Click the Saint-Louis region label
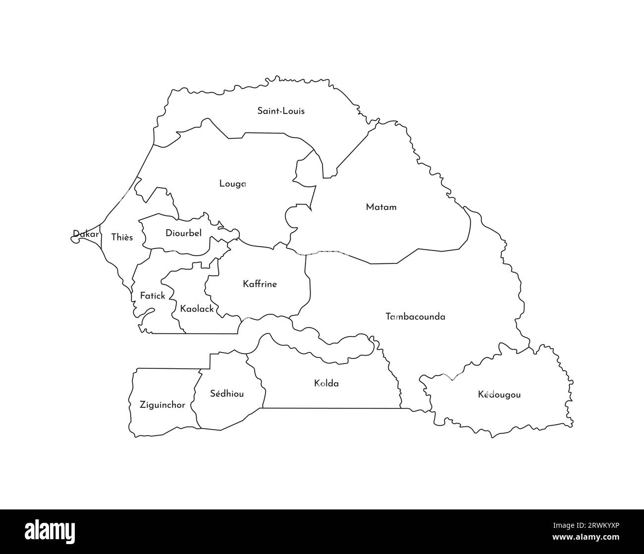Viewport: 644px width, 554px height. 281,111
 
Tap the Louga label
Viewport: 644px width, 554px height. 232,184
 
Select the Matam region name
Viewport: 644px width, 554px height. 381,207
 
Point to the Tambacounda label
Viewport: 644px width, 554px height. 415,316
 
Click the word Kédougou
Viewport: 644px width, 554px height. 499,395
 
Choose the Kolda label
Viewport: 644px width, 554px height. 326,383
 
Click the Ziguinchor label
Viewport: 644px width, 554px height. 162,405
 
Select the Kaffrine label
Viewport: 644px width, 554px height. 260,284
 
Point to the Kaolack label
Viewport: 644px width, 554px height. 197,309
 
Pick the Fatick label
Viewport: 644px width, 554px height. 152,296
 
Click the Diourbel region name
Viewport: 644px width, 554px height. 183,233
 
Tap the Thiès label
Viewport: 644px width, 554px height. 122,237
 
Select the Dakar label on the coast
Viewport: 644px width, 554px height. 86,234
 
